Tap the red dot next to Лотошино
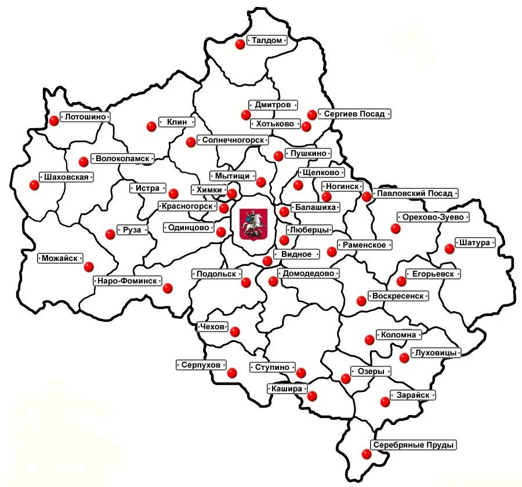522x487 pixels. [54, 121]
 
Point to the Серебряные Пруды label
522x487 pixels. [414, 445]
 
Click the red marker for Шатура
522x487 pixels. [449, 249]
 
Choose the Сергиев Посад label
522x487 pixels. [354, 114]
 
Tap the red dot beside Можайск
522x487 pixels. [89, 267]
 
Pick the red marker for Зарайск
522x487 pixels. [385, 401]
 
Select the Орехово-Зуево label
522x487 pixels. [433, 217]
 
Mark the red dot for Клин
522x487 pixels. [151, 125]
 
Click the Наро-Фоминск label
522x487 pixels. [127, 281]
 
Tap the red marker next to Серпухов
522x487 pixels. [232, 373]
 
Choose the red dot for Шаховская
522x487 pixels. [34, 185]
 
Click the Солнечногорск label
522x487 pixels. [234, 140]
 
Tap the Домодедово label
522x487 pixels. [309, 273]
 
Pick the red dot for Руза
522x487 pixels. [110, 234]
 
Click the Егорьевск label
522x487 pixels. [433, 274]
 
